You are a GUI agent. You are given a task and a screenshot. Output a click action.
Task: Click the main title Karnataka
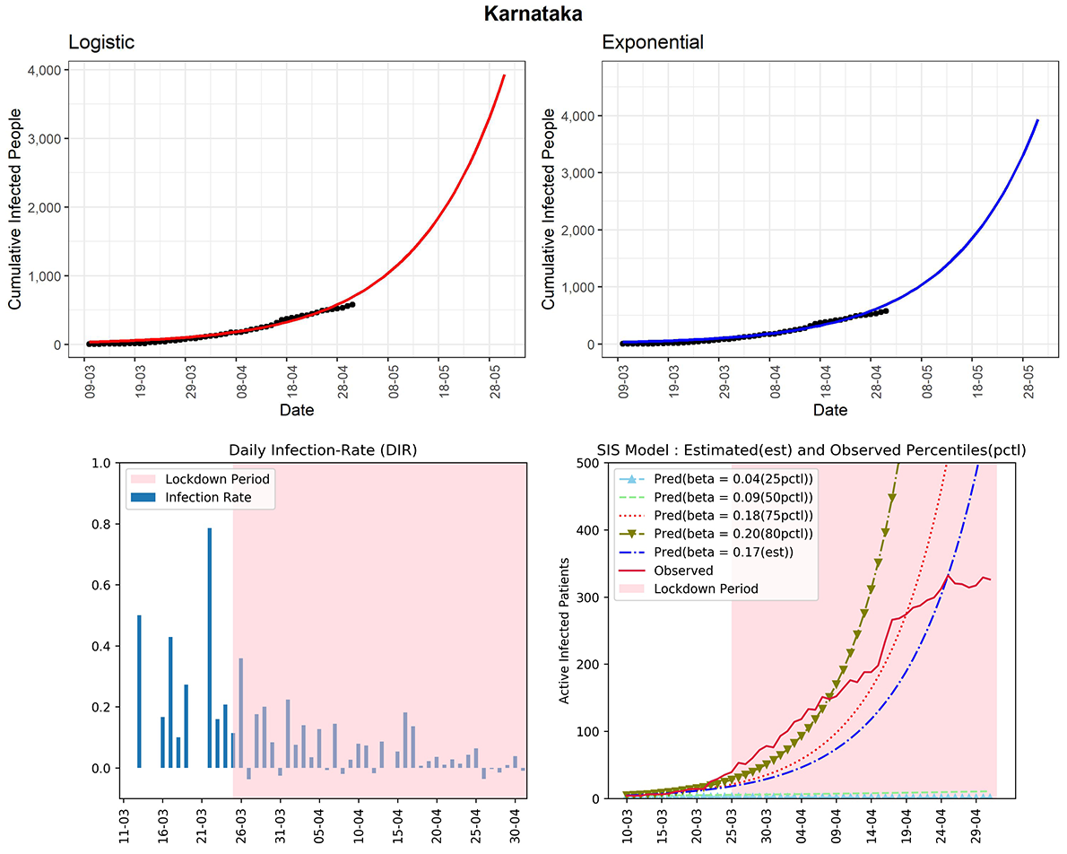click(533, 14)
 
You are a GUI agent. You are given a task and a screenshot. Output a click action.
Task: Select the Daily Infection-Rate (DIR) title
click(322, 450)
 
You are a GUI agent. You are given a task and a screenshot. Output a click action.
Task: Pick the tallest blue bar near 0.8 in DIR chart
click(209, 648)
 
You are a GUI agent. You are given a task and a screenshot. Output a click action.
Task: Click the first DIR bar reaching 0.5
click(139, 691)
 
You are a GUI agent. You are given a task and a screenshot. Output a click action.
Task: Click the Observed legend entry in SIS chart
click(683, 571)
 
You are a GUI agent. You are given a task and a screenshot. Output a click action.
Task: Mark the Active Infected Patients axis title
click(565, 631)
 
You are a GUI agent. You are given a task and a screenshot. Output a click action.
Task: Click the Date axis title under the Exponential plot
click(830, 410)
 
